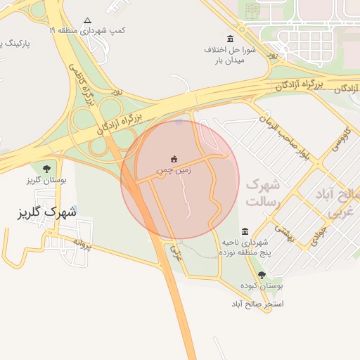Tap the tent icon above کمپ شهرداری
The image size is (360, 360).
click(87, 20)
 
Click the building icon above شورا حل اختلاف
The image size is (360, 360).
click(230, 38)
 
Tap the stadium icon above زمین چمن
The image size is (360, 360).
click(174, 159)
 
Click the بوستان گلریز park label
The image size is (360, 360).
click(46, 180)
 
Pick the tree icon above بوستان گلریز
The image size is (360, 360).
click(46, 169)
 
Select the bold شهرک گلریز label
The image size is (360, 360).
click(46, 211)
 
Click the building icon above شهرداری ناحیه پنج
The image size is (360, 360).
click(244, 231)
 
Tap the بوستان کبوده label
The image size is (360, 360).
click(261, 286)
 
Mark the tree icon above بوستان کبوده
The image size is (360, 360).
click(262, 275)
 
